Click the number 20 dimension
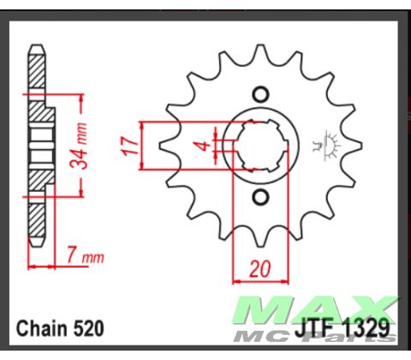(x=259, y=268)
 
